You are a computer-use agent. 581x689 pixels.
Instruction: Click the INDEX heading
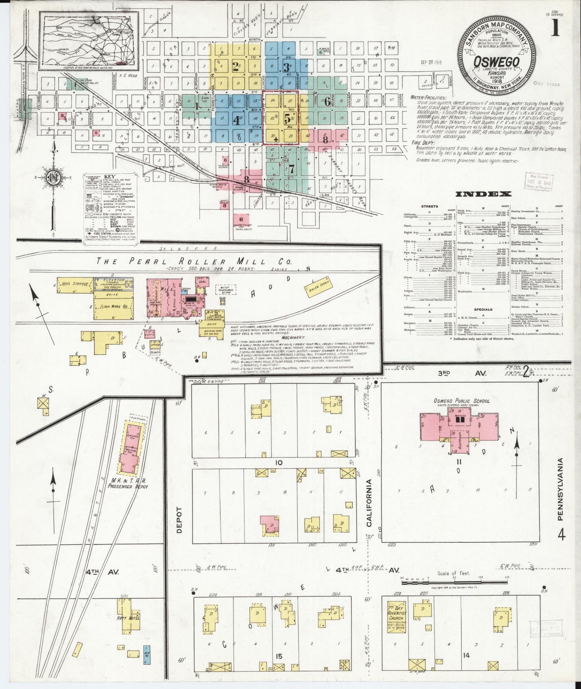click(x=483, y=194)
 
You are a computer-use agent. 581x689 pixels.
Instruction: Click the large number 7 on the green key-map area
click(x=291, y=168)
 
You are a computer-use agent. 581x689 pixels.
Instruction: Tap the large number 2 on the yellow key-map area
click(x=236, y=67)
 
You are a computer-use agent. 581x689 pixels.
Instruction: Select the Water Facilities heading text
click(x=428, y=97)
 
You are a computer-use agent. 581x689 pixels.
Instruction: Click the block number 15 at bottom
click(x=279, y=656)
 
